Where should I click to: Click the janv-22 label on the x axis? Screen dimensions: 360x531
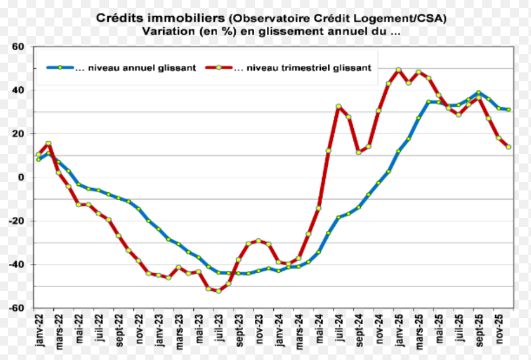[39, 329]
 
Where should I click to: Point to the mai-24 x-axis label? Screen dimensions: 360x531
[319, 328]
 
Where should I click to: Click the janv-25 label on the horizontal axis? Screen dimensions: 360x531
[398, 329]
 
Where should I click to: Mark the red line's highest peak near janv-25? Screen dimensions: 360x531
[398, 69]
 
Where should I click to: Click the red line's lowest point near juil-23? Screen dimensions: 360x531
[218, 291]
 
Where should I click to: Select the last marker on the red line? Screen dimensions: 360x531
[508, 147]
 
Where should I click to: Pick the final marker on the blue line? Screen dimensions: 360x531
[508, 109]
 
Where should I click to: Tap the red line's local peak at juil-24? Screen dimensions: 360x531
[339, 106]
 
